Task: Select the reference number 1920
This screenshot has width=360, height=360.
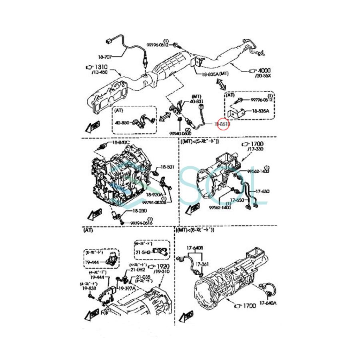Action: tap(164, 266)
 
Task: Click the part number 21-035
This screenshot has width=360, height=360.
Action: tap(143, 277)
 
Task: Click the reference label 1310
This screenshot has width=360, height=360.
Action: tap(101, 67)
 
